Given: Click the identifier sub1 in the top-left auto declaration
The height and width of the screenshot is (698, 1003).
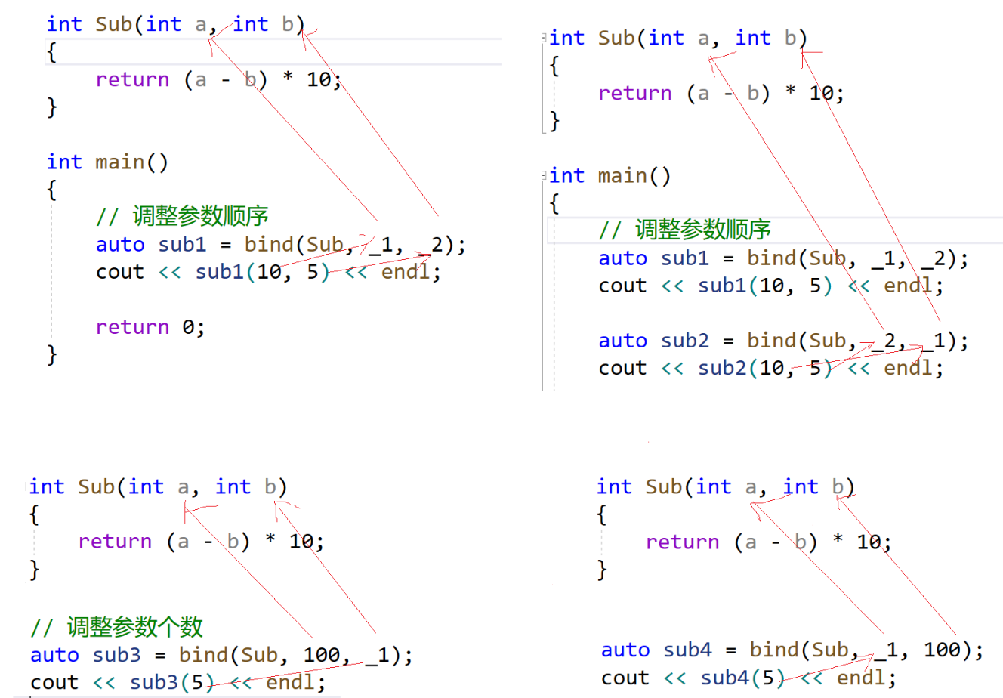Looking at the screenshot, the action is (182, 245).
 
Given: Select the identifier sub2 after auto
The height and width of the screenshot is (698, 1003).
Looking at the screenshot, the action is (685, 341).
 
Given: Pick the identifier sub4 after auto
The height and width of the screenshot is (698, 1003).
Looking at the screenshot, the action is (688, 650).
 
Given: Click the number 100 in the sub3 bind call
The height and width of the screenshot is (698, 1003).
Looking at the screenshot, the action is (323, 654).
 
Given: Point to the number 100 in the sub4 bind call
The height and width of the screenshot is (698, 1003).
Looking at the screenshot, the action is (943, 650).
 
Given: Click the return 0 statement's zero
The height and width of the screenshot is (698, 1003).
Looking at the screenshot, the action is (189, 327).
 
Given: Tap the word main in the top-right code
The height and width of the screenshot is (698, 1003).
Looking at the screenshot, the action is (623, 176).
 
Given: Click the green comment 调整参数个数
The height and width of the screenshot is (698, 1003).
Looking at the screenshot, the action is (134, 626).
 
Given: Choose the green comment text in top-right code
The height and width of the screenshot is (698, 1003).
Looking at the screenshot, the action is (702, 230).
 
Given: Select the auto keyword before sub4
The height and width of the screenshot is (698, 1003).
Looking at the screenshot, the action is (625, 650).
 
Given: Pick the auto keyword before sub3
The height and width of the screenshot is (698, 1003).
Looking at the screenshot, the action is (54, 654).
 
